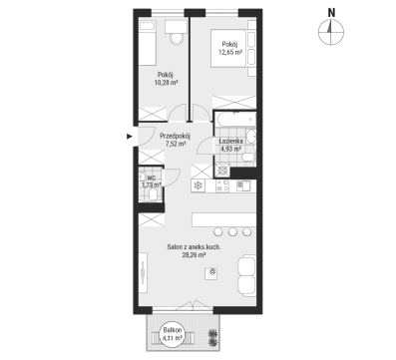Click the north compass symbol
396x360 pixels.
pos(331,32)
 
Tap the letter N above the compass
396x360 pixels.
pos(331,13)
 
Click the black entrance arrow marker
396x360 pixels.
pos(130,136)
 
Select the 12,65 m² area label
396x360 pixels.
pos(230,52)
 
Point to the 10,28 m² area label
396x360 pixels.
pos(166,83)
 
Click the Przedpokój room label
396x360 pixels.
pos(175,136)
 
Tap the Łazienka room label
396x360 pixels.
pos(230,142)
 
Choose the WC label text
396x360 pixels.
pos(151,179)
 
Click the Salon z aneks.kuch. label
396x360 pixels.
pos(194,247)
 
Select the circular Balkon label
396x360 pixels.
pos(173,334)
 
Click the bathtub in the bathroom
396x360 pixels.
pos(235,120)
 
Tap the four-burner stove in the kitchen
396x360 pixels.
pos(222,185)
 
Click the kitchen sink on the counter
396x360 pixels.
pos(243,185)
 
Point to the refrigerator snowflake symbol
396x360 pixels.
pos(198,185)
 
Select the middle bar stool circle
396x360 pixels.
pos(232,231)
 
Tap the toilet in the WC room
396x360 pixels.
pos(154,195)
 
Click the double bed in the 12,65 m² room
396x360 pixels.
pos(228,48)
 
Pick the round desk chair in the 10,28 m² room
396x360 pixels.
pos(177,39)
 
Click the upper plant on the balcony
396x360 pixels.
pos(211,333)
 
